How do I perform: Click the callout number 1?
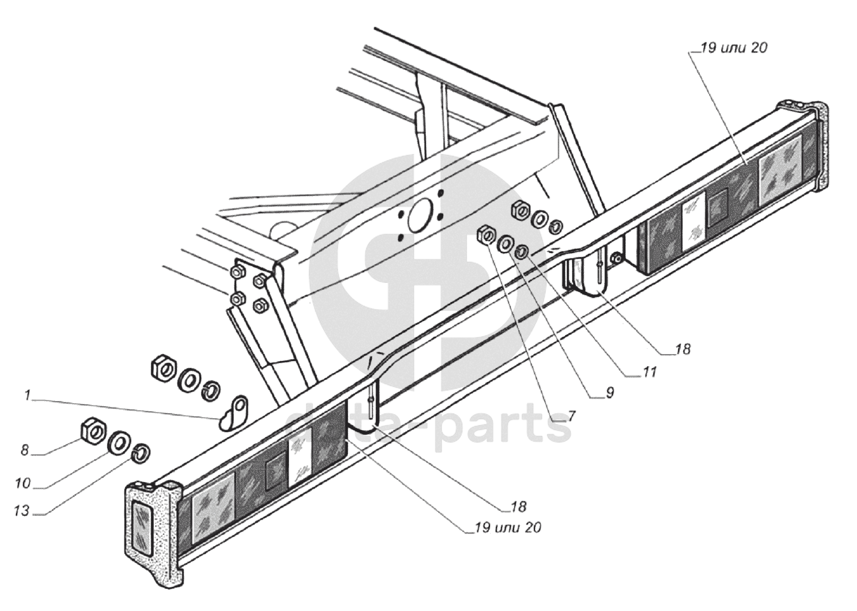[27, 396]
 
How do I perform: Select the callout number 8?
[24, 450]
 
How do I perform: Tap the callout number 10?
[23, 483]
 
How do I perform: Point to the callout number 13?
[22, 511]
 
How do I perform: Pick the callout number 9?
[609, 393]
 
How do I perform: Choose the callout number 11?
[648, 372]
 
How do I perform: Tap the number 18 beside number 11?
[682, 349]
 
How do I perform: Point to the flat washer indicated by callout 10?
[119, 443]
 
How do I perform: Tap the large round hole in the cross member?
[420, 216]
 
